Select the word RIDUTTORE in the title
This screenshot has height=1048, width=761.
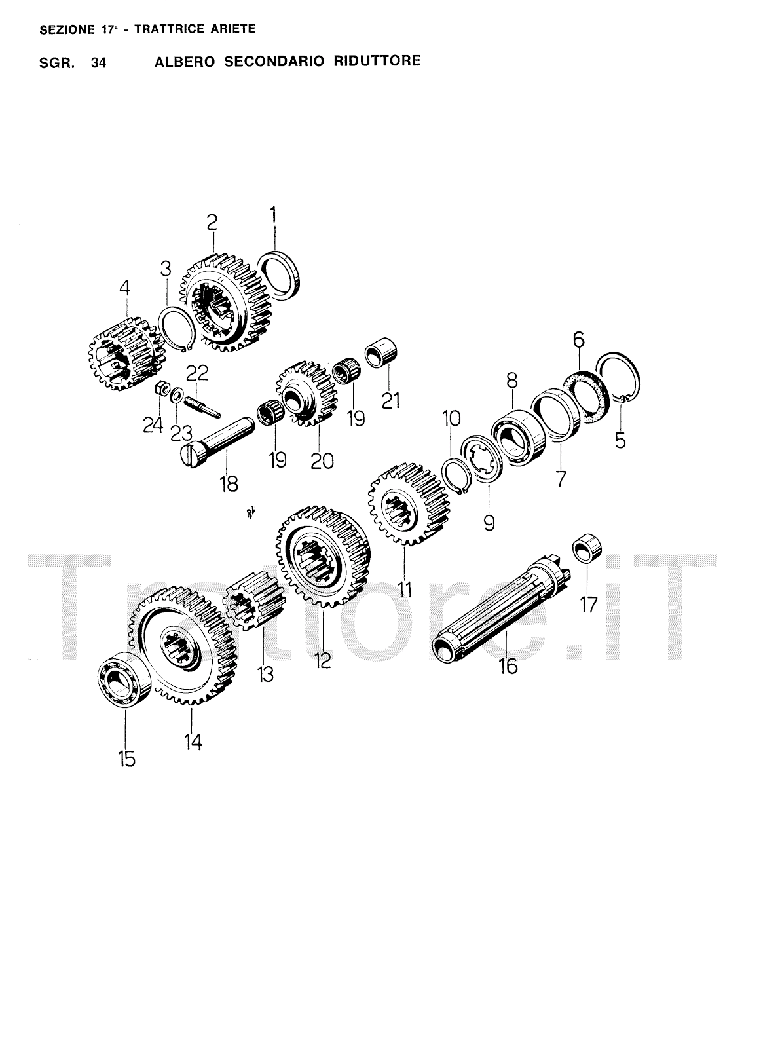(377, 61)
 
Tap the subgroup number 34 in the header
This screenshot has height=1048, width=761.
(99, 63)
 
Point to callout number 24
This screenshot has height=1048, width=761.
(153, 425)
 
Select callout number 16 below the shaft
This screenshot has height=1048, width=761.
(508, 665)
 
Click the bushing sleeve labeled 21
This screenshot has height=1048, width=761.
(380, 352)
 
